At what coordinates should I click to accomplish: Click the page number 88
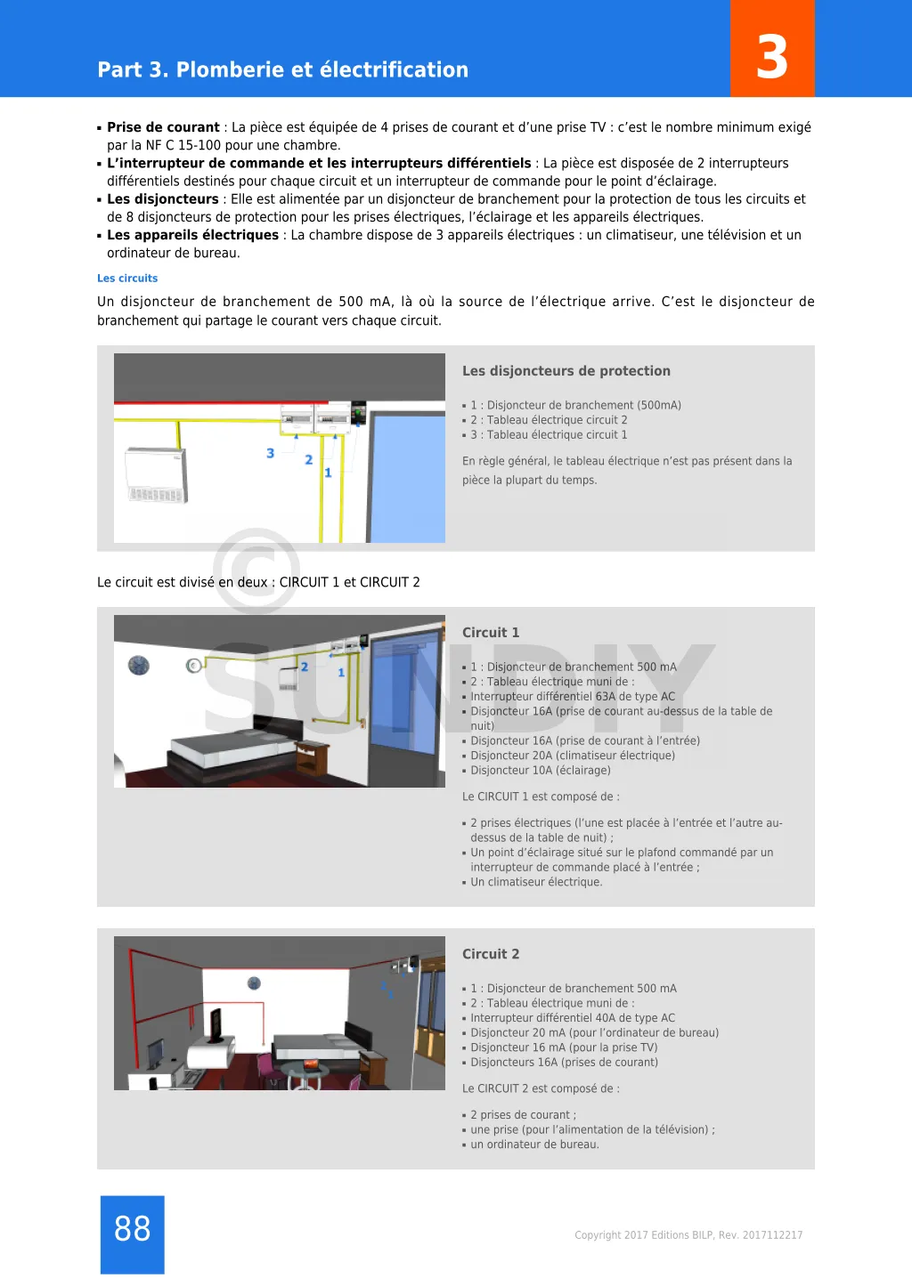point(132,1229)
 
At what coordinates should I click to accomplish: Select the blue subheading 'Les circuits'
point(127,279)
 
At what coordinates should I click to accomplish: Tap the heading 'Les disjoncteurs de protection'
point(566,371)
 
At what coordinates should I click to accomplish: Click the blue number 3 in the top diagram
point(271,453)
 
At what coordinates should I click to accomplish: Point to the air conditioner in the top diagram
point(156,475)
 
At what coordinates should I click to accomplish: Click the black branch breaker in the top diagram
point(358,414)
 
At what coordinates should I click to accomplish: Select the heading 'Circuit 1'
point(490,633)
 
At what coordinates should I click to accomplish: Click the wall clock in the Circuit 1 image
point(139,665)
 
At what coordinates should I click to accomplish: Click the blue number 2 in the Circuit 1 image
point(305,667)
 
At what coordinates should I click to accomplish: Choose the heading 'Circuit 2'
point(490,954)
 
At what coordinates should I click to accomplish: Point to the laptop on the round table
point(311,1064)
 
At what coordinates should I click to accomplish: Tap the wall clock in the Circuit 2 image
point(254,983)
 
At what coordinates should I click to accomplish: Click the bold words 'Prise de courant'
point(163,127)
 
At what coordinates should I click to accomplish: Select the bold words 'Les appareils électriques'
point(192,235)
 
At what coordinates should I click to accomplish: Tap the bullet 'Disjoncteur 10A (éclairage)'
point(541,771)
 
